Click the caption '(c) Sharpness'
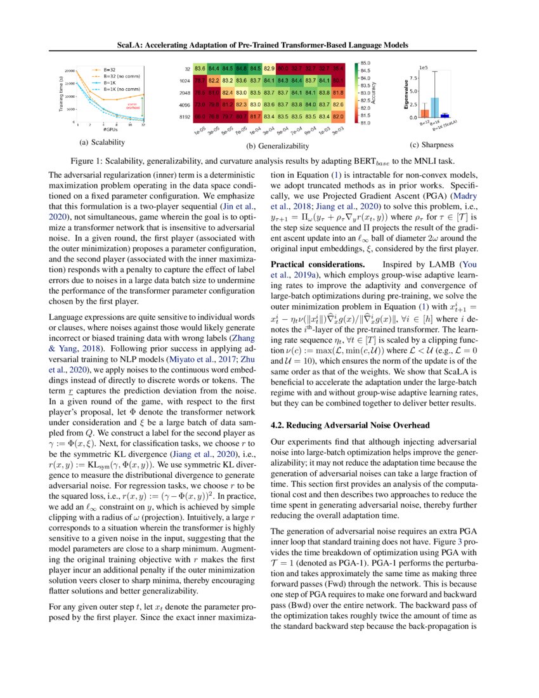coord(432,145)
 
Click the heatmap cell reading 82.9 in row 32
coord(269,68)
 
